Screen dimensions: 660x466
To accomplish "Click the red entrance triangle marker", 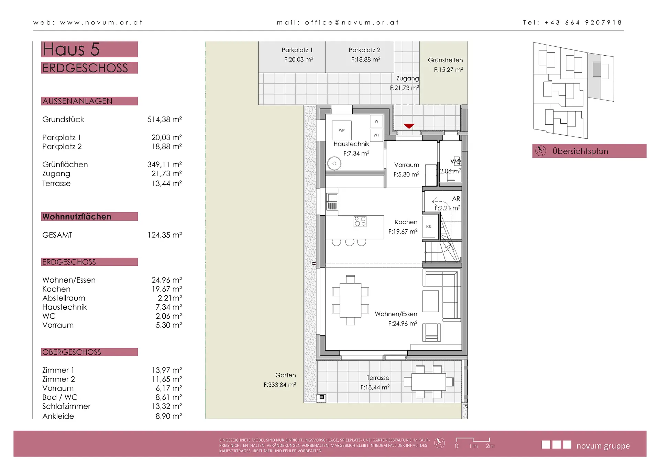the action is (x=409, y=126).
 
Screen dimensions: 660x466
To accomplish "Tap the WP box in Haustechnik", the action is (x=342, y=130).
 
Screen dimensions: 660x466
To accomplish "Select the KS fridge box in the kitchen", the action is (x=429, y=227).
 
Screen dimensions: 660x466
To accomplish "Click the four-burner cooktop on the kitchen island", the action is (x=360, y=221).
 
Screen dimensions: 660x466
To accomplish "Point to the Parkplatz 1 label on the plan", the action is (x=297, y=50).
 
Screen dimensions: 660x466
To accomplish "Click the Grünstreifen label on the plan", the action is (x=445, y=60).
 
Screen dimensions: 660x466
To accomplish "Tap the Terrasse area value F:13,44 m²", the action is (x=375, y=387).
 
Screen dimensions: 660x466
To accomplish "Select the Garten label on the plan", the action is (x=285, y=375).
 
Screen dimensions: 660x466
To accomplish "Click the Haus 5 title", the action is (x=71, y=49).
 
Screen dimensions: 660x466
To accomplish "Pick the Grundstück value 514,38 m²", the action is (x=165, y=120).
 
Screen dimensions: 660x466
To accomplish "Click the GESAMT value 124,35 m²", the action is (x=165, y=235).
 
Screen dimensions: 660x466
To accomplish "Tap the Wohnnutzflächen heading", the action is (x=77, y=217).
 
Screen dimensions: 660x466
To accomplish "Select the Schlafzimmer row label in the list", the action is (x=66, y=406).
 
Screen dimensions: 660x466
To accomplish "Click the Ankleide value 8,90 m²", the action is (x=169, y=416).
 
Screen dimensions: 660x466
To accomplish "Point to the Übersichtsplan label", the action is (x=580, y=151).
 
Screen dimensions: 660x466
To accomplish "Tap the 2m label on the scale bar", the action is (x=490, y=446).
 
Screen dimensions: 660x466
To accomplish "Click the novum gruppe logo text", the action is (x=603, y=446).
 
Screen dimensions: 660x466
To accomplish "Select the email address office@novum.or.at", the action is (x=352, y=23).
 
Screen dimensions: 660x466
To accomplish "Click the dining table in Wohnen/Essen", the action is (x=350, y=300).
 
